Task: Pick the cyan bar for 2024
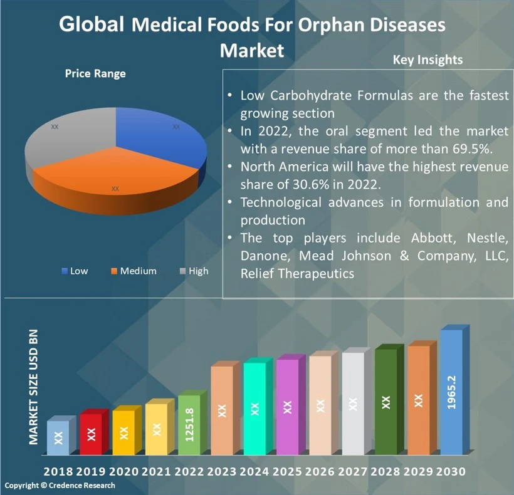click(x=254, y=409)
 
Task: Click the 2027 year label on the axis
click(x=354, y=471)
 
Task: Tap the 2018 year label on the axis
click(x=58, y=471)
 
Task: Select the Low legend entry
click(x=75, y=271)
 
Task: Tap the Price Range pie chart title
click(x=95, y=74)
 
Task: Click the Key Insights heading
click(x=427, y=60)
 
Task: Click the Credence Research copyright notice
click(x=60, y=486)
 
